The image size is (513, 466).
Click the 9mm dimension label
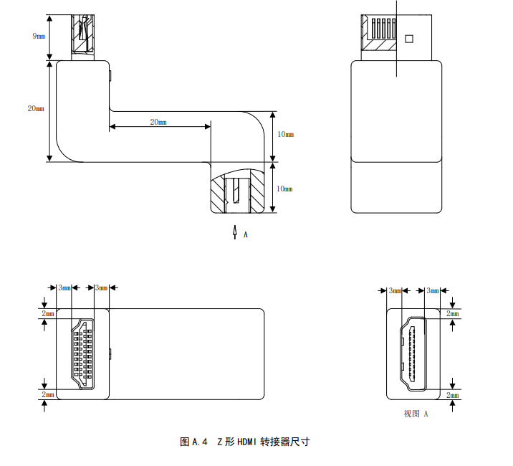tap(39, 36)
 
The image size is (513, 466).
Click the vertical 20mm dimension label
tap(36, 108)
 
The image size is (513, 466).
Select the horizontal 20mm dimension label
tap(158, 122)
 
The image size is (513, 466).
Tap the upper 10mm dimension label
tap(285, 134)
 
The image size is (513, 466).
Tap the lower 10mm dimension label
tap(284, 189)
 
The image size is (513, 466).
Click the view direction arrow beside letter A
tap(234, 232)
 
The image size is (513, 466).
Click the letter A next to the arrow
tap(245, 235)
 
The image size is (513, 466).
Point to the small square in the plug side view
tap(409, 39)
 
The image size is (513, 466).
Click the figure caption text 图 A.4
tap(193, 442)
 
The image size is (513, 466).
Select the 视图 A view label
tap(416, 414)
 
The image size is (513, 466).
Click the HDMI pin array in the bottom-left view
tap(83, 354)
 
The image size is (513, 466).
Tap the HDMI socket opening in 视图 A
tap(413, 354)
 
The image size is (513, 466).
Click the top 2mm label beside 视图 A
tap(453, 314)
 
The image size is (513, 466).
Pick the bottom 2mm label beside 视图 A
tap(453, 395)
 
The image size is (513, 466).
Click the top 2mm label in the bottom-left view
tap(48, 314)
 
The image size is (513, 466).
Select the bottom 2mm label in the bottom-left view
tap(48, 394)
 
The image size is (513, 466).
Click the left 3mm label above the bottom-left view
tap(64, 288)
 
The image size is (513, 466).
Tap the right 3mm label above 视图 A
tap(433, 290)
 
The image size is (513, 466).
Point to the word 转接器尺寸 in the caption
tap(284, 442)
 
